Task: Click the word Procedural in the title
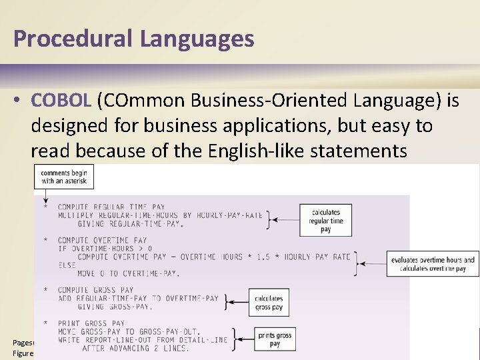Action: tap(73, 39)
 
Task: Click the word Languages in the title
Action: tap(197, 39)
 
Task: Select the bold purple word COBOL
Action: tap(61, 101)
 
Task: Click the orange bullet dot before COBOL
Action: tap(18, 101)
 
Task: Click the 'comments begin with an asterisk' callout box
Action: tap(64, 177)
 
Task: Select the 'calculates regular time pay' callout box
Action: tap(325, 221)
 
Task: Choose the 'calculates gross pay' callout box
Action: tap(269, 303)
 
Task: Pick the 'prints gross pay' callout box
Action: tap(275, 339)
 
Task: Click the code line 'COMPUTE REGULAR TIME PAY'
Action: tap(111, 207)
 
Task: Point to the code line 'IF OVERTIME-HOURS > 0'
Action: tap(105, 249)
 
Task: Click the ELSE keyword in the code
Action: tap(67, 265)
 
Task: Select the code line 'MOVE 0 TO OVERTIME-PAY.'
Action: tap(129, 273)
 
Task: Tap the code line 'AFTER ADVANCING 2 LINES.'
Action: tap(136, 348)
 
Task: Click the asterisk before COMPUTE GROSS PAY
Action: tap(45, 290)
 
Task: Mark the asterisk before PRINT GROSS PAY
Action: tap(45, 323)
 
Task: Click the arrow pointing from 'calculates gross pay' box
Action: tap(237, 303)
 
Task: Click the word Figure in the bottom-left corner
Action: tap(23, 353)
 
